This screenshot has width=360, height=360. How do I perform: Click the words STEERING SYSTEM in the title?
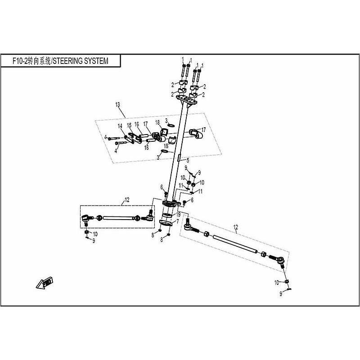81,61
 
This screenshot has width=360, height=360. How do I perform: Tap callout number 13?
118,104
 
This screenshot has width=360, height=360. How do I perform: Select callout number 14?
120,126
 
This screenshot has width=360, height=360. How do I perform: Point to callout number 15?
129,125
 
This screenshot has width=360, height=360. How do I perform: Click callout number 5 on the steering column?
188,160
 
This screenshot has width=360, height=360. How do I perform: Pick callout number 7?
177,221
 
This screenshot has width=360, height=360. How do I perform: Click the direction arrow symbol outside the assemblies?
45,283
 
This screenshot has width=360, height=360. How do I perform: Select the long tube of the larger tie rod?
234,243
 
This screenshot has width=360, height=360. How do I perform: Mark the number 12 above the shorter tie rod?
127,199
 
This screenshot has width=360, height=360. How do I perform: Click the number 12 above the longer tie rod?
236,227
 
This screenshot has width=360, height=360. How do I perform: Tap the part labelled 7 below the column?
166,221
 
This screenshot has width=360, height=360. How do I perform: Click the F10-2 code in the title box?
22,61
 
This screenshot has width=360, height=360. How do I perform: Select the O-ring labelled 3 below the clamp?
165,152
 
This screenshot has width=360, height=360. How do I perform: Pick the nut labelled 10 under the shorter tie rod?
86,232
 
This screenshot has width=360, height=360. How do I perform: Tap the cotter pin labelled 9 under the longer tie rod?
288,288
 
